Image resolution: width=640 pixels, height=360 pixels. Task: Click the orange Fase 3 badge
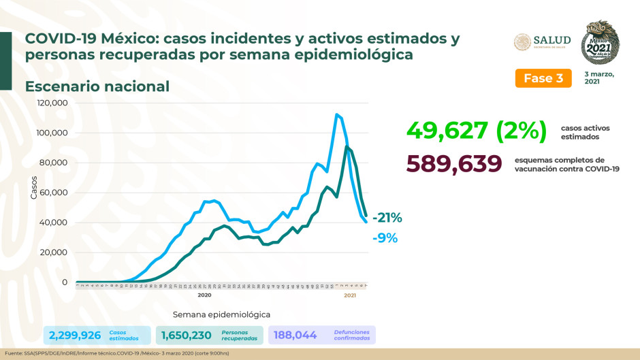[543, 78]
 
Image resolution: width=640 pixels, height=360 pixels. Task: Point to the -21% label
[387, 218]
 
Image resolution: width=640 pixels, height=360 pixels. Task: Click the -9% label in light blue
[385, 238]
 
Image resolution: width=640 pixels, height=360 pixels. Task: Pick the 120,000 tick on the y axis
[52, 103]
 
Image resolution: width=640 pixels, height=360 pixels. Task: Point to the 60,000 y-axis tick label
[54, 193]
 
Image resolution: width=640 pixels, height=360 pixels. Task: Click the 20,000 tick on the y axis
[54, 252]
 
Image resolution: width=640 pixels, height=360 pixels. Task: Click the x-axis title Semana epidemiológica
[221, 314]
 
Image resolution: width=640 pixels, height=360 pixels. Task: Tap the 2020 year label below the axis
[204, 295]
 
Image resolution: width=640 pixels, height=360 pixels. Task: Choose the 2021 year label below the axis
[350, 295]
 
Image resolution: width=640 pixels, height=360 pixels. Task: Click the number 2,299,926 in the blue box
[75, 335]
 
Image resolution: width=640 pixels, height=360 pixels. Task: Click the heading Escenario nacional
[97, 86]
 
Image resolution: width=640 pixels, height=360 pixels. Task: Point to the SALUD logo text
[551, 40]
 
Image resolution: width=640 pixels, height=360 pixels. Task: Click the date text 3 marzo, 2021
[598, 78]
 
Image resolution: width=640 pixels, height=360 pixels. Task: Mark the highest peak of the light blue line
[336, 114]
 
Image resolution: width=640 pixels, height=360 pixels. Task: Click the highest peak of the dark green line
[347, 146]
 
